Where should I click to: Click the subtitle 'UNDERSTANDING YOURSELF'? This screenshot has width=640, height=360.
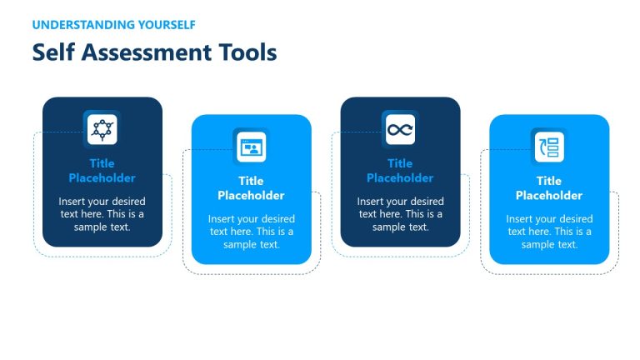click(114, 25)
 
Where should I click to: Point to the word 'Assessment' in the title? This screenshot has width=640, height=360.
click(149, 53)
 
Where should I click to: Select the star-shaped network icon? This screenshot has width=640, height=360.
click(102, 129)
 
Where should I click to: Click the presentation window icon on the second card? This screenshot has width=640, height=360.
click(251, 147)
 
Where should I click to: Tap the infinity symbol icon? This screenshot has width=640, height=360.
click(400, 129)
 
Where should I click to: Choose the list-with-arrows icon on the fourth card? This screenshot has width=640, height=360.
click(549, 147)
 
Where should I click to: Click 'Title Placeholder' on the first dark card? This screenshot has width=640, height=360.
click(102, 171)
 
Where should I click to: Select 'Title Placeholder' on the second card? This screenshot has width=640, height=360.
click(251, 188)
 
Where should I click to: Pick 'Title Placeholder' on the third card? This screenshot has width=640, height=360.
click(400, 171)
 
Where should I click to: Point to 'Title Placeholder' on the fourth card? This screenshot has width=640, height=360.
click(549, 188)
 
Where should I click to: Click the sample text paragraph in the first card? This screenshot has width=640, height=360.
click(102, 214)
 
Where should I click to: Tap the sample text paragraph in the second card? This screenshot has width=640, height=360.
click(251, 232)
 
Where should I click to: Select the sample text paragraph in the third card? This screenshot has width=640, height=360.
click(400, 214)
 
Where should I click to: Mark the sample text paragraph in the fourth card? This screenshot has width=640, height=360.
click(549, 232)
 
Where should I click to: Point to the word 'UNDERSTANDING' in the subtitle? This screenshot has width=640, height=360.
click(82, 25)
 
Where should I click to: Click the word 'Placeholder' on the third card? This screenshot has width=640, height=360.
click(400, 178)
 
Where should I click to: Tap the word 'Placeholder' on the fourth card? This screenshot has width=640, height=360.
click(549, 196)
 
